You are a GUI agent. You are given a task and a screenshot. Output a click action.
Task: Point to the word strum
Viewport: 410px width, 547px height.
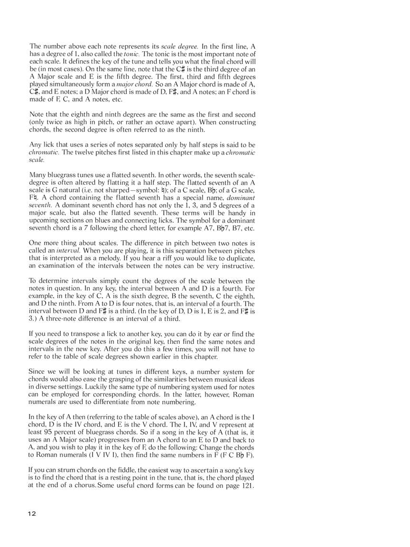[66, 470]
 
